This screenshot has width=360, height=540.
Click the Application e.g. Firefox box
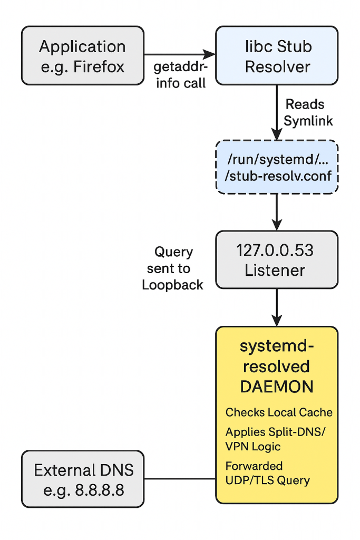point(82,55)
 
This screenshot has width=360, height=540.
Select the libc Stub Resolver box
point(277,55)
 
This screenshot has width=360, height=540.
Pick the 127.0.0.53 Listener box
point(277,259)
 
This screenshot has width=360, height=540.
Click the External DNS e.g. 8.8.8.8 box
point(82,479)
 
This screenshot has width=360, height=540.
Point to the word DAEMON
point(277,387)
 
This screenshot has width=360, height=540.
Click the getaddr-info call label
point(179,75)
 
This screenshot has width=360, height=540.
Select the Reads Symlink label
point(308,112)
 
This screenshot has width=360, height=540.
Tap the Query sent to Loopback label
point(173,268)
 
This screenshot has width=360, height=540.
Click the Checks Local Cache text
point(279,412)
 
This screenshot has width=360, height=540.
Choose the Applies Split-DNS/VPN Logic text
point(276,439)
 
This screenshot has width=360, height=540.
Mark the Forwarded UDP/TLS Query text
point(267,473)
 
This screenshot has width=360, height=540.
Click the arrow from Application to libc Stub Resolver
point(179,54)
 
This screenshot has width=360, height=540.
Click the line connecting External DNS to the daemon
point(179,479)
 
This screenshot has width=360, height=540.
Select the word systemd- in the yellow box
point(277,347)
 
